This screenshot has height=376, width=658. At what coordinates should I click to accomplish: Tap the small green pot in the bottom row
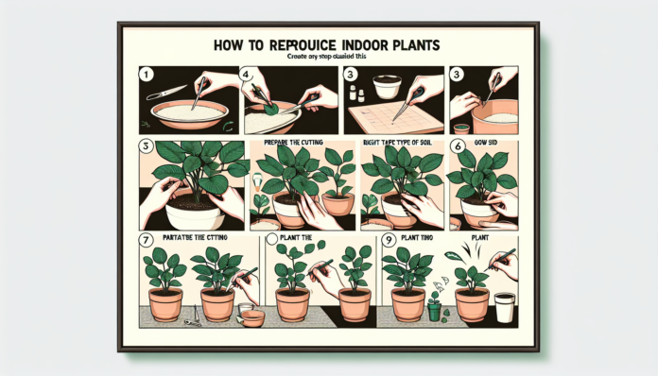[x=435, y=309]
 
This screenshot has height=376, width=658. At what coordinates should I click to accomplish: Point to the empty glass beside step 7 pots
[x=251, y=316]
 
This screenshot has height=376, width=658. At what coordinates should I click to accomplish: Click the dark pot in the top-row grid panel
[x=462, y=129]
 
